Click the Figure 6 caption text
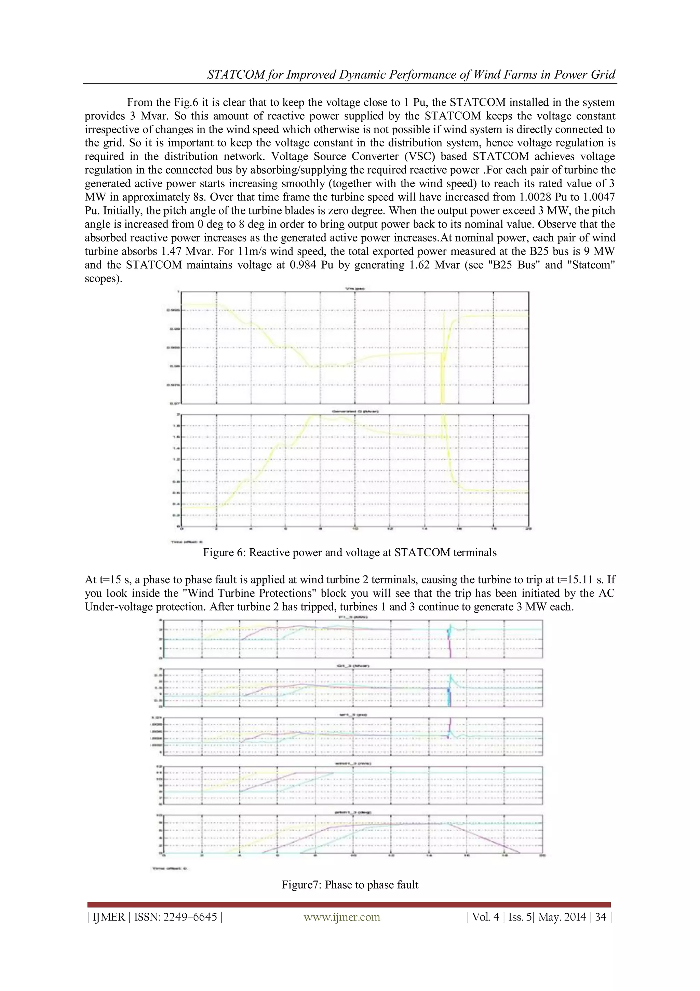coord(349,552)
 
